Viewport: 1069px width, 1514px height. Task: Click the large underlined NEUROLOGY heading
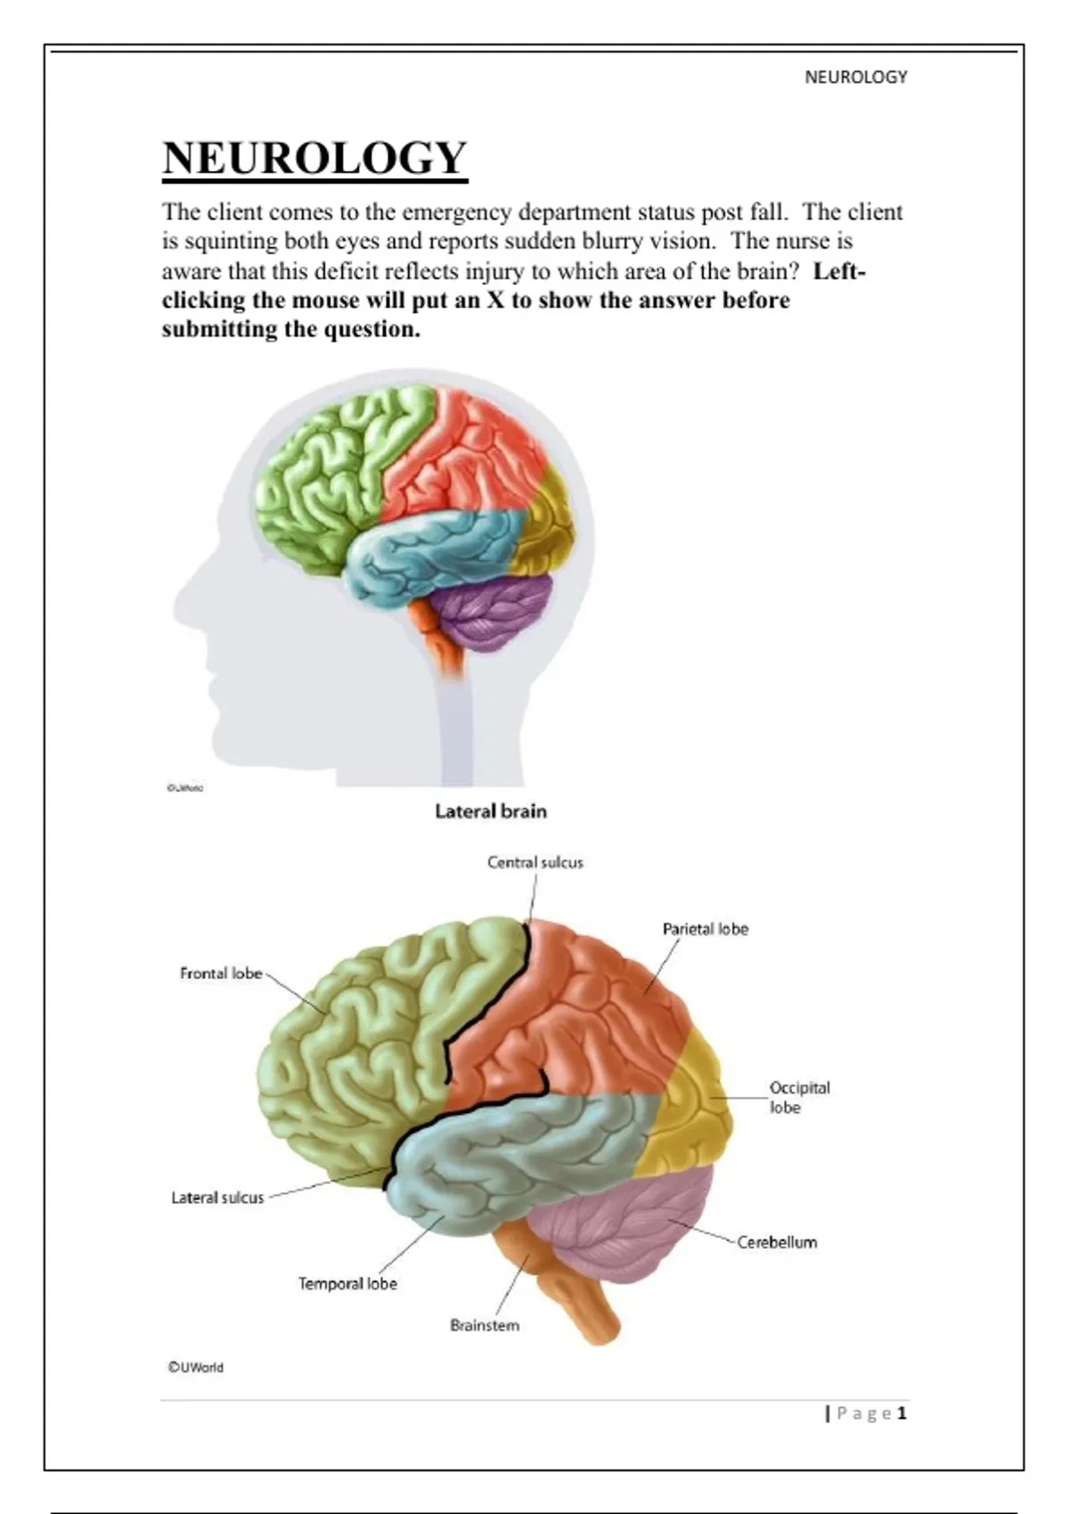point(314,159)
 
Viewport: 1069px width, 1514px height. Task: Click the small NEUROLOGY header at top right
point(855,77)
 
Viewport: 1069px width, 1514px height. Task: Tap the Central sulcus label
point(534,862)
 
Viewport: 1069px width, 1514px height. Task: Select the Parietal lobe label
point(705,929)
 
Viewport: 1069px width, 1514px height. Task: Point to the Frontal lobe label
point(221,973)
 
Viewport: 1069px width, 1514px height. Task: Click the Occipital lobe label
point(798,1097)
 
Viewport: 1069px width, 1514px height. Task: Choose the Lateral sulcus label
point(217,1198)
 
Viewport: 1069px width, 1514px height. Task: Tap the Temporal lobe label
point(347,1283)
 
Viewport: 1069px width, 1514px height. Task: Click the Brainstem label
point(484,1325)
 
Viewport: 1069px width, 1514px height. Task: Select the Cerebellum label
point(777,1242)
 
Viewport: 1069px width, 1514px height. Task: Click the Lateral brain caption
point(490,811)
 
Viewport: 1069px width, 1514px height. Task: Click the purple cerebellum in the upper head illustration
point(494,615)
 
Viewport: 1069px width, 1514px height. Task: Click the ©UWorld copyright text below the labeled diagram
point(196,1367)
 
